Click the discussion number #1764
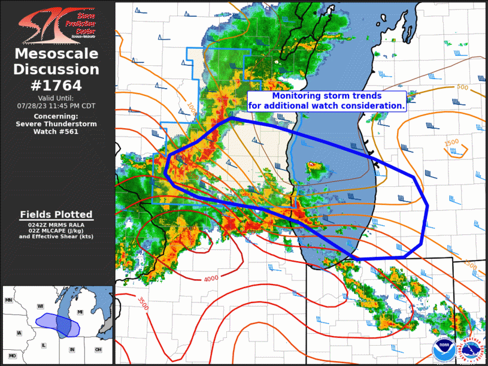[57, 85]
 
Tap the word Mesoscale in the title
[57, 55]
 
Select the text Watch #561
[57, 131]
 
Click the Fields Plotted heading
[56, 214]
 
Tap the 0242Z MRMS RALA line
[56, 224]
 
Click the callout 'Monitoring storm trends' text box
[327, 101]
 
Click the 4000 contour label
[211, 279]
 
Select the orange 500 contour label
[462, 87]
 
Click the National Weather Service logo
[471, 349]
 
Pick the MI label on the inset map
[80, 312]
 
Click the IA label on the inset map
[19, 333]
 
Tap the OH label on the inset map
[98, 349]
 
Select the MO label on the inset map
[12, 356]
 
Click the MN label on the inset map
[8, 300]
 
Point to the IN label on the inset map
[72, 349]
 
